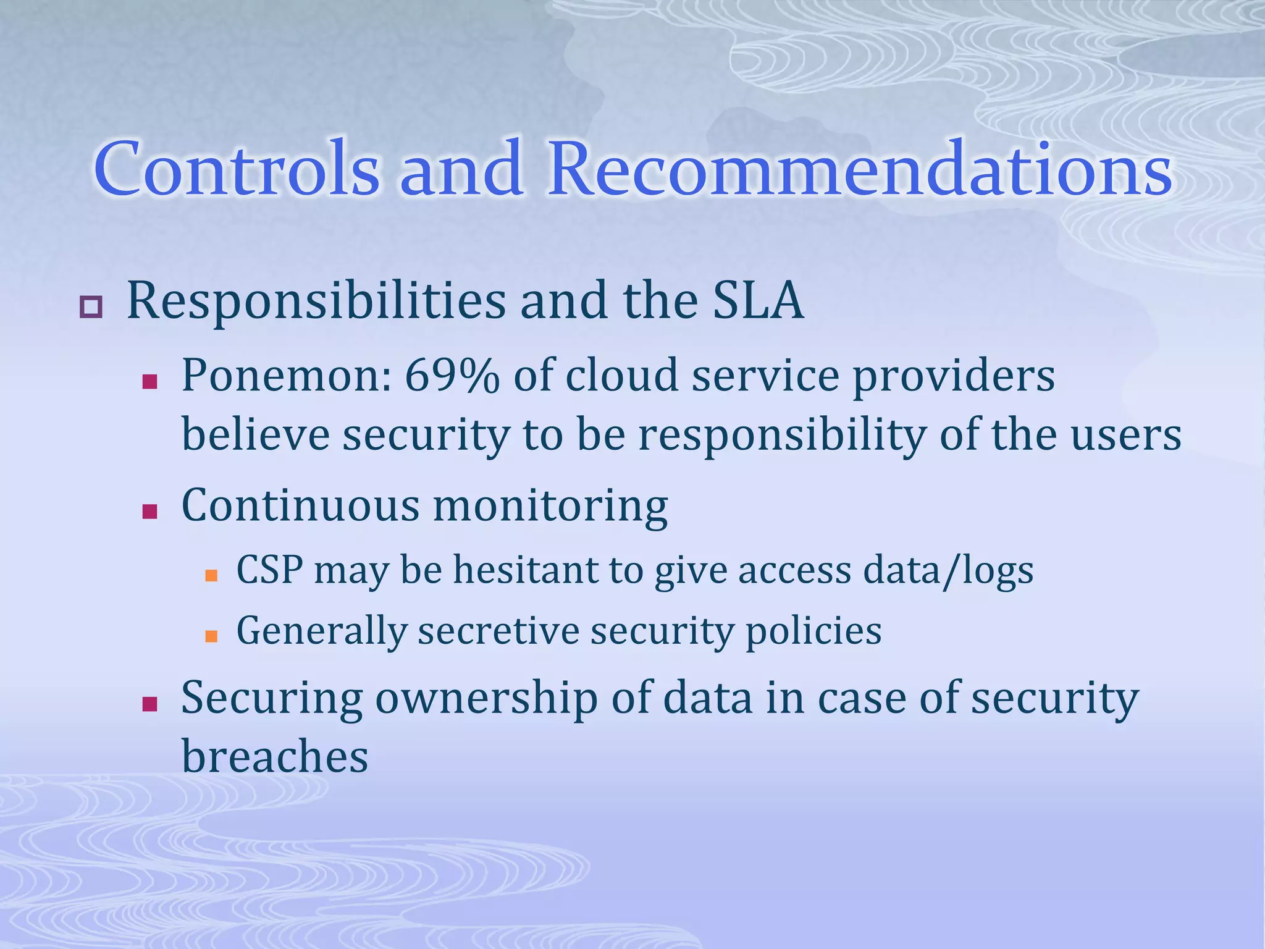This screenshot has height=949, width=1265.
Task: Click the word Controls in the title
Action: pos(237,169)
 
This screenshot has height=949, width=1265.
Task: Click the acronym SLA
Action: pos(758,301)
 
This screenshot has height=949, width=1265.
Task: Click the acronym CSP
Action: pos(269,570)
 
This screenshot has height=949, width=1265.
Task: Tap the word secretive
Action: pos(498,631)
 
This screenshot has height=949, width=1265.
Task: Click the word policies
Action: pos(813,632)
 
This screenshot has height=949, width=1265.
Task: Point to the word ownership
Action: pos(486,699)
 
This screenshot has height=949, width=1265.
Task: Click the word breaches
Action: pos(275,757)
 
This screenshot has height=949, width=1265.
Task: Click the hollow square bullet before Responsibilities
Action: pos(91,307)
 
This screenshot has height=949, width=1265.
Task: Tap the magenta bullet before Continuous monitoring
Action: pos(149,512)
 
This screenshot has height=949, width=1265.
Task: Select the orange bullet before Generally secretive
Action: pos(211,636)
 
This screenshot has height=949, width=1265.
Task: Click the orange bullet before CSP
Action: pos(211,575)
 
